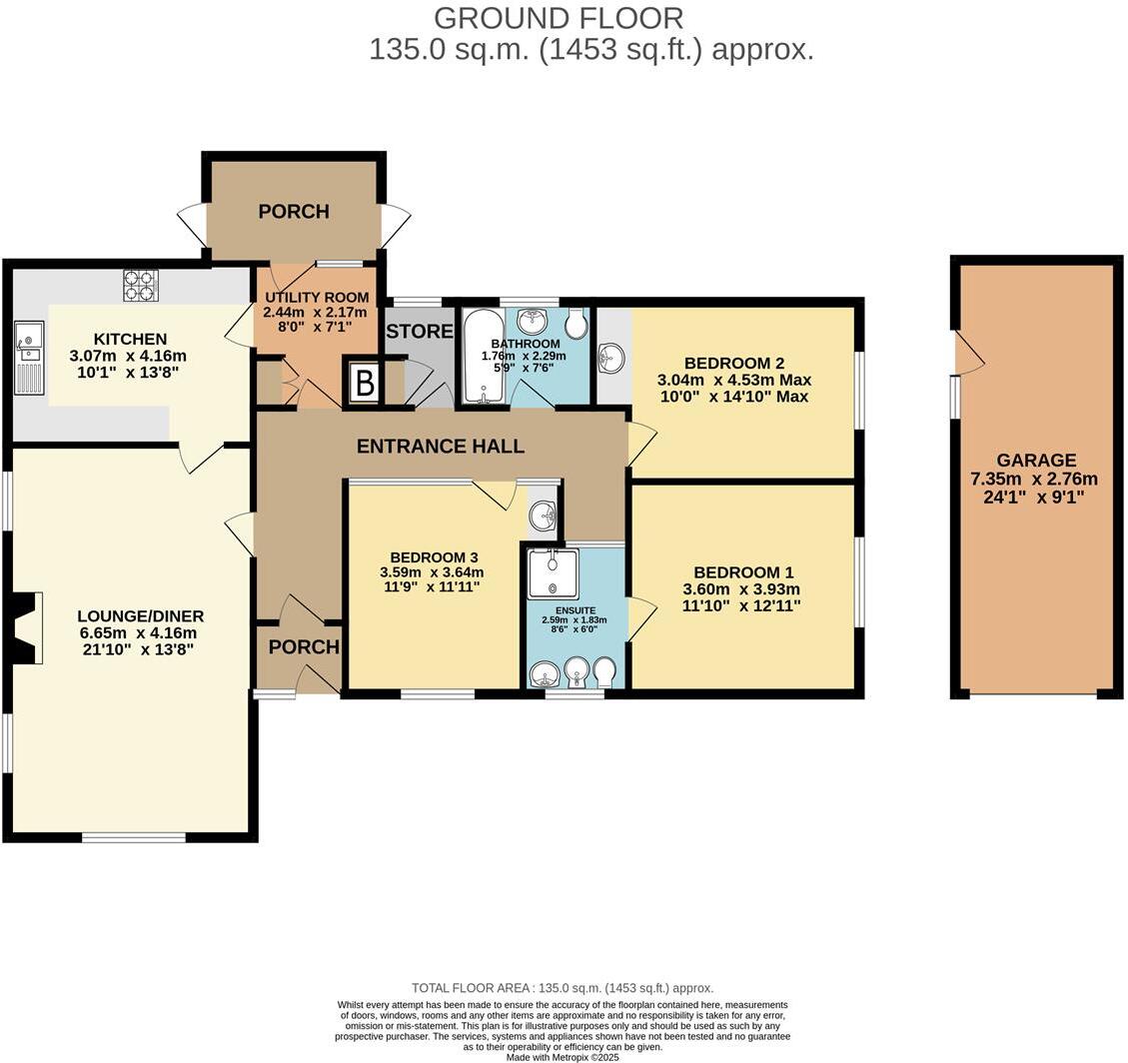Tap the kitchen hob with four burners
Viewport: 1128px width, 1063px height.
141,286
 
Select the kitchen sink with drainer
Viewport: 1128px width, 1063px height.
30,357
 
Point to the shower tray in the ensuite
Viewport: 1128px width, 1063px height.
549,573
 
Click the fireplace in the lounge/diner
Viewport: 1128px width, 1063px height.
26,627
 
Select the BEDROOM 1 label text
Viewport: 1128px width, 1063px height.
743,572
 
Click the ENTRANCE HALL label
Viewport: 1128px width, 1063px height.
441,447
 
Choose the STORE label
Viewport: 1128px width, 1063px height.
420,331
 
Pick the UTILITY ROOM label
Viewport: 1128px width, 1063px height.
317,298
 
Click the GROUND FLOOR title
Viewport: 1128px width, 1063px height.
559,18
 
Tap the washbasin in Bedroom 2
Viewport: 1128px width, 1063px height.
612,358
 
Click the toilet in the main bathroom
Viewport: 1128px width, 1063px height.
577,323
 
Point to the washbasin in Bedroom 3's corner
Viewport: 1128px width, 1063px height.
543,517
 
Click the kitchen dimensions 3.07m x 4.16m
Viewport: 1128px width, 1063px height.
128,356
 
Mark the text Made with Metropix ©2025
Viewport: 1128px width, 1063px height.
564,1057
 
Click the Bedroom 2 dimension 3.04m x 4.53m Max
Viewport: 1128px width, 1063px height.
733,380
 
